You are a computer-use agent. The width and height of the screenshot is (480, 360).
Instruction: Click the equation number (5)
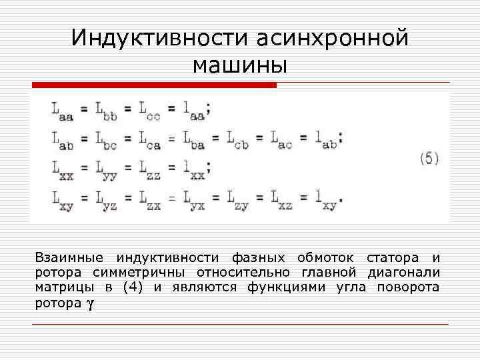(429, 159)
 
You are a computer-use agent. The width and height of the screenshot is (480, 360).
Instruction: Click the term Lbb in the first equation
(106, 109)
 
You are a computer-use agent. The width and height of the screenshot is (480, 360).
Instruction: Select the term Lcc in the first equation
(150, 109)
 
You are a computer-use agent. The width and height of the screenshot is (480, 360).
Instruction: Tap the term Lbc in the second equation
(106, 139)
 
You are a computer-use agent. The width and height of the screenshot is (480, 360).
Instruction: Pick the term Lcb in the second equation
(237, 139)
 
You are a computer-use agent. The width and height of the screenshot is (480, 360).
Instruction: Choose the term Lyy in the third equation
(106, 169)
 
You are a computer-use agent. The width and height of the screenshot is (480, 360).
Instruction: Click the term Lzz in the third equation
(150, 169)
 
